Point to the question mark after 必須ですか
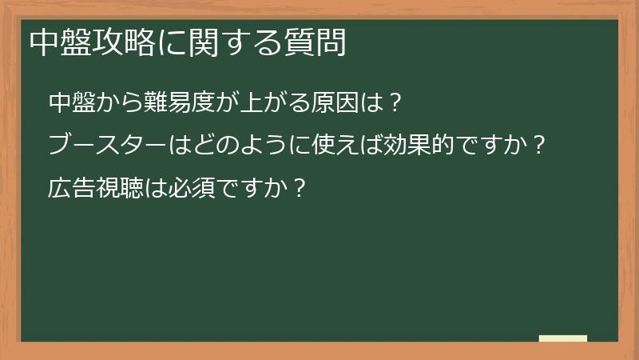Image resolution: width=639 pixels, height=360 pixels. pos(299,188)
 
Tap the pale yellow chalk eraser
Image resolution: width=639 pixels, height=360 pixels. pos(562,339)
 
